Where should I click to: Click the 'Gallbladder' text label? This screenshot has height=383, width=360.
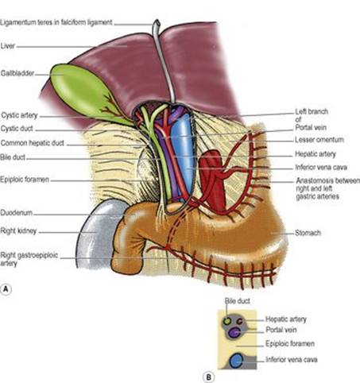coord(17,73)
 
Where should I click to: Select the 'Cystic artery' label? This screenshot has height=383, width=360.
coord(20,115)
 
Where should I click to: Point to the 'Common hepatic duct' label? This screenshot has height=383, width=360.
coord(33,143)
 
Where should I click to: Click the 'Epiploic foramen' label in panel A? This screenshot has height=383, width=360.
coord(25,180)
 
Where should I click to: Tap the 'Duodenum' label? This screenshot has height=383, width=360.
coord(17,213)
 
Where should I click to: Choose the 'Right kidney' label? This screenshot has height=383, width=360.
coord(18,231)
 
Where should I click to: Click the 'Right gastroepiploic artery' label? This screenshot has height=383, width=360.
coord(29,259)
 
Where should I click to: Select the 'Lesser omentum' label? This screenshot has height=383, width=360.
coord(319,140)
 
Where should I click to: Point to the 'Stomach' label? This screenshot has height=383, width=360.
coord(308,233)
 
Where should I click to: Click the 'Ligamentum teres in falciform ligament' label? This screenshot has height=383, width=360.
coord(56,22)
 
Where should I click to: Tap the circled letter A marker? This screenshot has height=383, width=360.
coord(6,289)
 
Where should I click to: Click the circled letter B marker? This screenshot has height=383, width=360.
coord(208,377)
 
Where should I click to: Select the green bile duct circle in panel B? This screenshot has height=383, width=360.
coord(227,321)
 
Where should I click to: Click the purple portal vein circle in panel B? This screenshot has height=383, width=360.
coord(234,333)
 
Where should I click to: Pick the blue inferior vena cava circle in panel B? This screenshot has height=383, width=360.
coord(236,361)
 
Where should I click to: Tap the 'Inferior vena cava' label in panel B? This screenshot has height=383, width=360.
coord(292,359)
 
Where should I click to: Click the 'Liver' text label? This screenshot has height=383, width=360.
coord(8,46)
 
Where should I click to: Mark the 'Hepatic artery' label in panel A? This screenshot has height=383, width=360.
coord(315,154)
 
